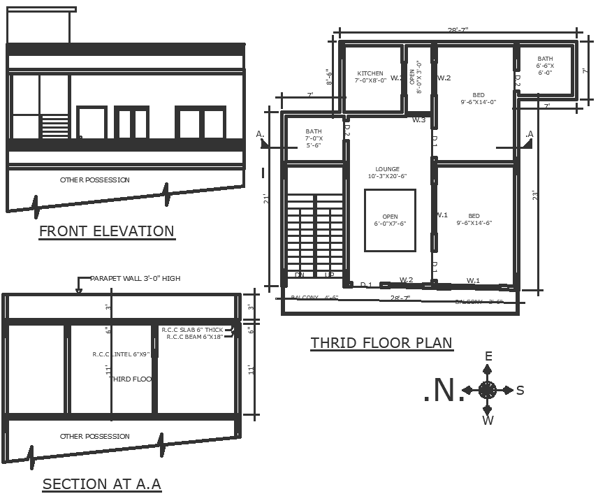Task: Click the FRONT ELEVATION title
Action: coord(106,231)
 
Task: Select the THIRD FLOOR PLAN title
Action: coord(381,343)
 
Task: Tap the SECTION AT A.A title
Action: coord(102,484)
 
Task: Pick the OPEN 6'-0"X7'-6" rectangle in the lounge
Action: coord(390,220)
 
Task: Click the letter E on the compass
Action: coord(488,357)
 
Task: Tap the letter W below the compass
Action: coord(488,420)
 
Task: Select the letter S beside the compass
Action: coord(520,391)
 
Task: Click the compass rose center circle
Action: coord(488,390)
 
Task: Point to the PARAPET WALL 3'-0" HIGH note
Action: coord(135,279)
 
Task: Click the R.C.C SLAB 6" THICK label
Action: coord(192,330)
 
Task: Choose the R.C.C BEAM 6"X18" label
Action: coord(195,337)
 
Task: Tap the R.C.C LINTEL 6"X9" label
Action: coord(122,354)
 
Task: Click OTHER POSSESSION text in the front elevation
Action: coord(95,180)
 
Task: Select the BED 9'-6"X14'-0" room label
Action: coord(478,99)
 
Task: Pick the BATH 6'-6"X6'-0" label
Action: coord(545,66)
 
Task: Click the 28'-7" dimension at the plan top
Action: coord(458,30)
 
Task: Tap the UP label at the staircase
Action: coord(330,275)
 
